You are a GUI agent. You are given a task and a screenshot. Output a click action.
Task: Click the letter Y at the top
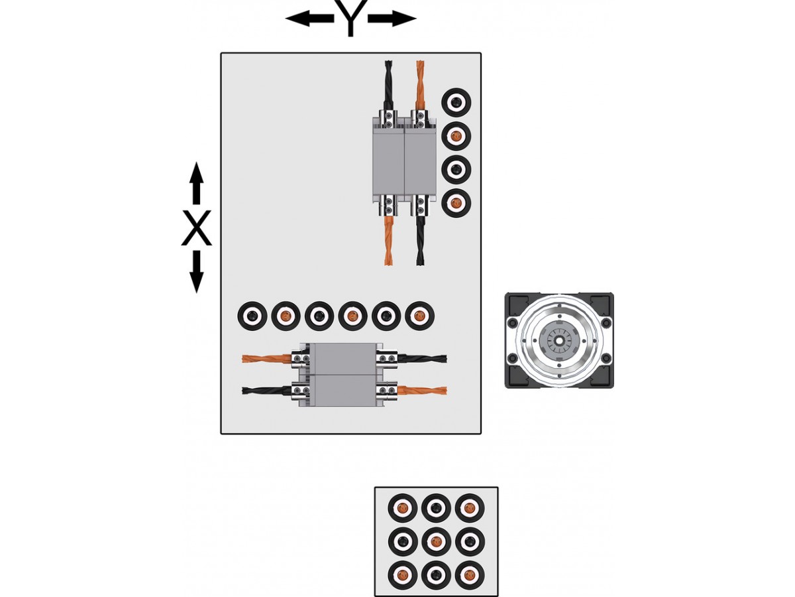350,19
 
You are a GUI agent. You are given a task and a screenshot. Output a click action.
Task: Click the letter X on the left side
196,228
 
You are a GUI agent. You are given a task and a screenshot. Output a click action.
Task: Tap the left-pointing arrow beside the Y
308,19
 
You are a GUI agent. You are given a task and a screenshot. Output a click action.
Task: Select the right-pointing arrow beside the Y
392,19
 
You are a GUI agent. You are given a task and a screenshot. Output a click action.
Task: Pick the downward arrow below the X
196,272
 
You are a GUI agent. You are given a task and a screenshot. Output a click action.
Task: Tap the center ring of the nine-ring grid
436,541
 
